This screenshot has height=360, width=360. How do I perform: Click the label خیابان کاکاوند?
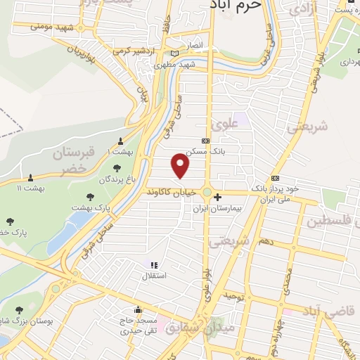point(173,191)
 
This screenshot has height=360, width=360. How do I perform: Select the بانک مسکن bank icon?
point(205,141)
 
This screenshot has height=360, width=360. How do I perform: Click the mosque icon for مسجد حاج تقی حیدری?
point(138,309)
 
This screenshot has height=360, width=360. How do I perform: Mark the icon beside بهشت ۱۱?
point(31,177)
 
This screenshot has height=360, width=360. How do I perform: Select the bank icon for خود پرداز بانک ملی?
point(275,178)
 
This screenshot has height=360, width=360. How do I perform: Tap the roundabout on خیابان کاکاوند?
point(208,191)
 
